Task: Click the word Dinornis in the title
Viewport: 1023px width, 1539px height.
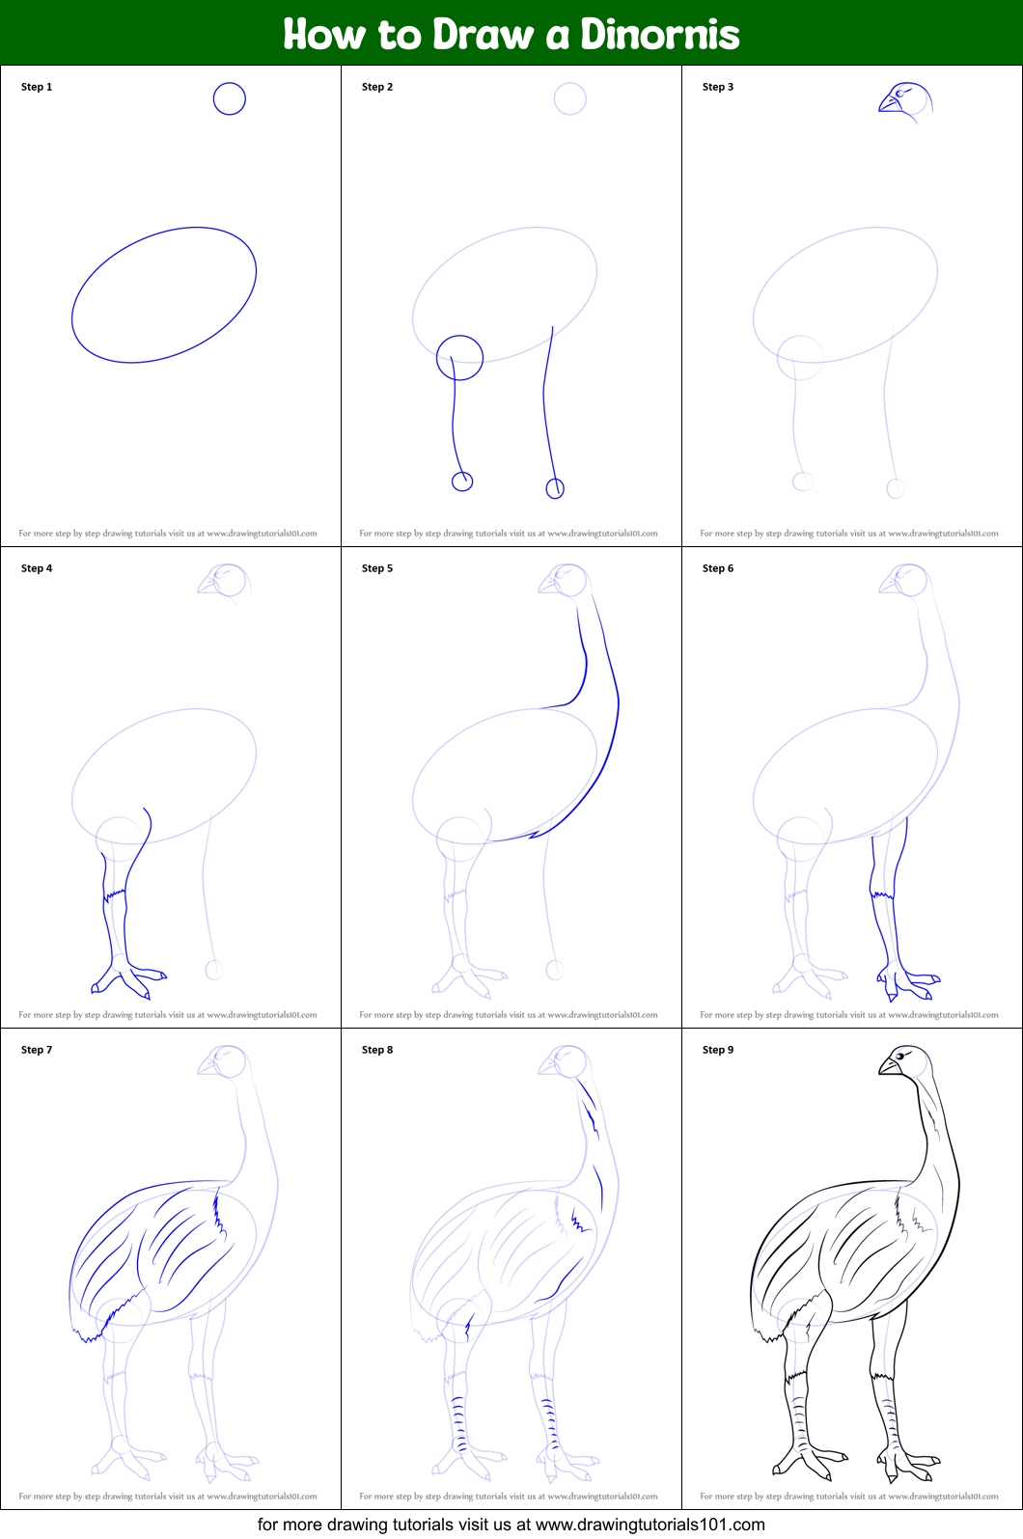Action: (x=659, y=35)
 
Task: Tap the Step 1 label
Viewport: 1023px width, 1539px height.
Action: (x=37, y=87)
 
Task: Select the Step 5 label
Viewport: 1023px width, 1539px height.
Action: (x=377, y=568)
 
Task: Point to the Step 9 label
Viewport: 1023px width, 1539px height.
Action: (x=718, y=1050)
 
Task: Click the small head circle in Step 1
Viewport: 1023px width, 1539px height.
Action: (x=230, y=98)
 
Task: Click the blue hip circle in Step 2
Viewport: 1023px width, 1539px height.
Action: (x=459, y=358)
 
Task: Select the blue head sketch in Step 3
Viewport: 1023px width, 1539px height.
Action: (x=904, y=100)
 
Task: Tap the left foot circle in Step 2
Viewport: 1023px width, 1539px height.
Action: (x=462, y=481)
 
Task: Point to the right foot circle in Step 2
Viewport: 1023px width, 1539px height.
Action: (x=555, y=488)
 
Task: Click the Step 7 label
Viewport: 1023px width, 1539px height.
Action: (x=37, y=1050)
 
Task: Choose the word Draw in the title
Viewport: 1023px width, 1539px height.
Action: (x=483, y=35)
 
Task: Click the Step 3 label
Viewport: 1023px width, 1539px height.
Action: (x=718, y=87)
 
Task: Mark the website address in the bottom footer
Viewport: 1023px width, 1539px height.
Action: (x=650, y=1525)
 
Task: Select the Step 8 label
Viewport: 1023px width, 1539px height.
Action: (x=377, y=1050)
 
